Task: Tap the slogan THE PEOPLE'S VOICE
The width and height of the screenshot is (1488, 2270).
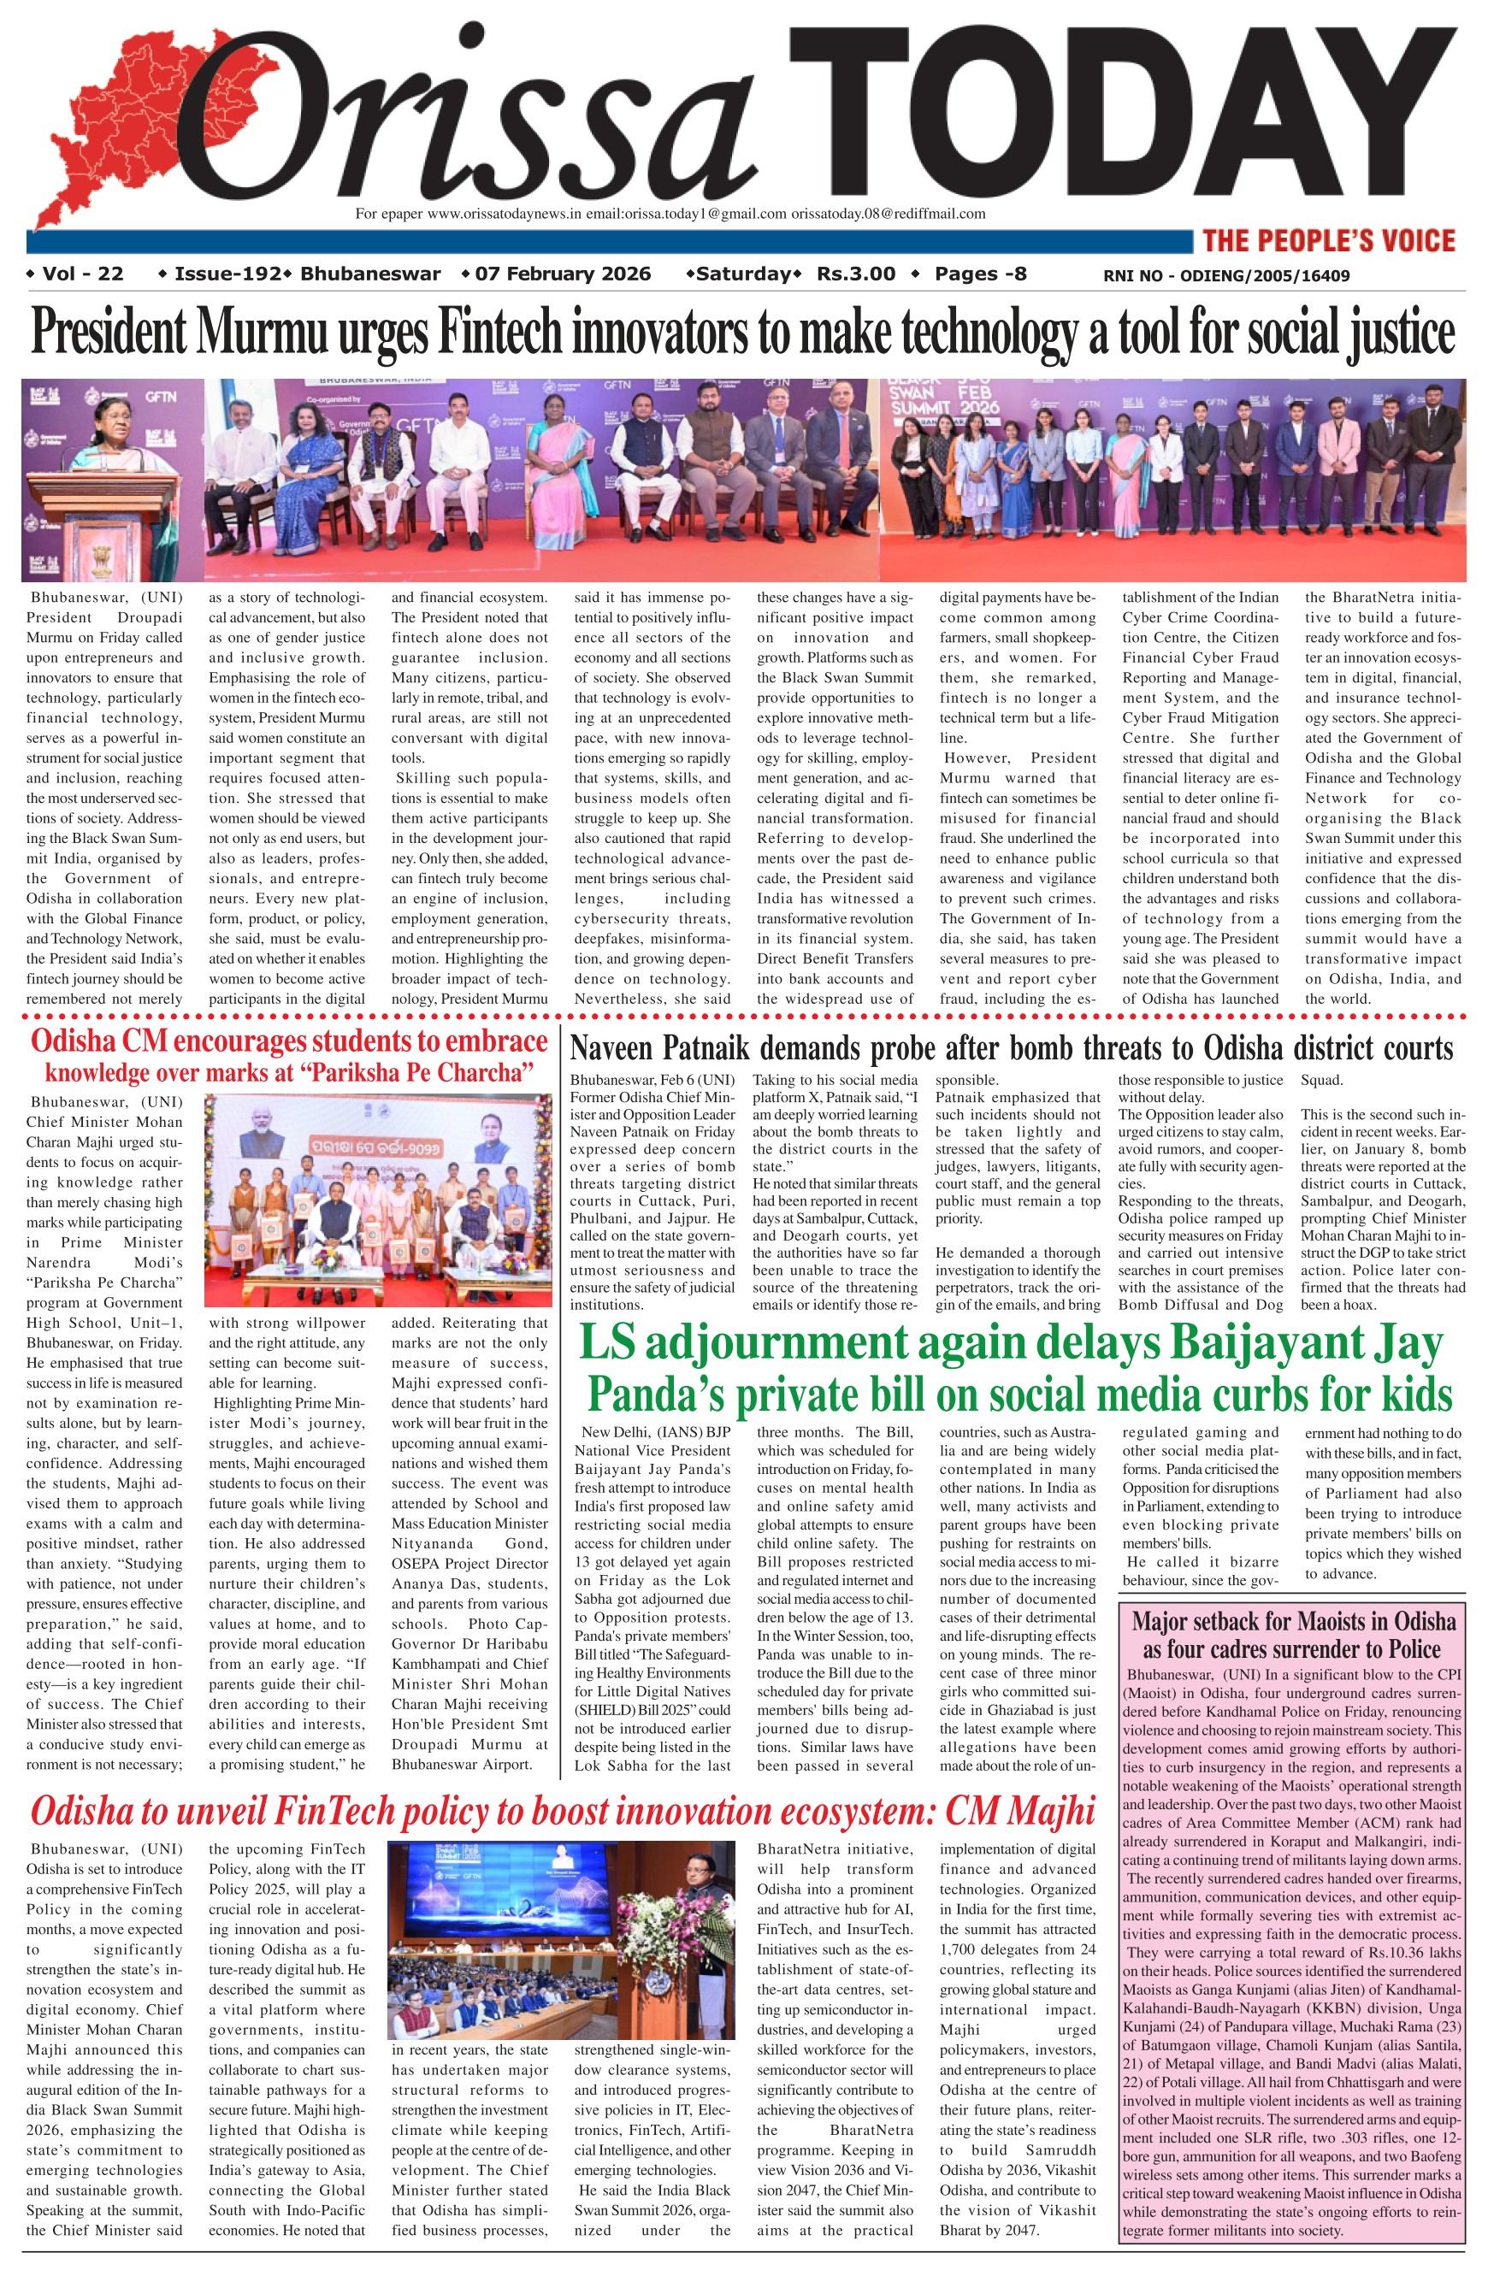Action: coord(1329,240)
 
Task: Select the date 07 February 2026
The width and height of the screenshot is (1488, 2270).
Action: coord(562,274)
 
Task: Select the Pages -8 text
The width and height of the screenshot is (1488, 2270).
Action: coord(980,274)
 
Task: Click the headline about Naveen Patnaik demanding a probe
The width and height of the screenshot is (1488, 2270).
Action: coord(1011,1049)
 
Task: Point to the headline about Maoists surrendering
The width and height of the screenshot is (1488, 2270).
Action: coord(1293,1635)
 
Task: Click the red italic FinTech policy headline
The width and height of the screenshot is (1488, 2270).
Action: coord(563,1813)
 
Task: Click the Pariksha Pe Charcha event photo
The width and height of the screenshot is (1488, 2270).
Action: coord(379,1199)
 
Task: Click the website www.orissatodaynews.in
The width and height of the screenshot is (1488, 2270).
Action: coord(504,214)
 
